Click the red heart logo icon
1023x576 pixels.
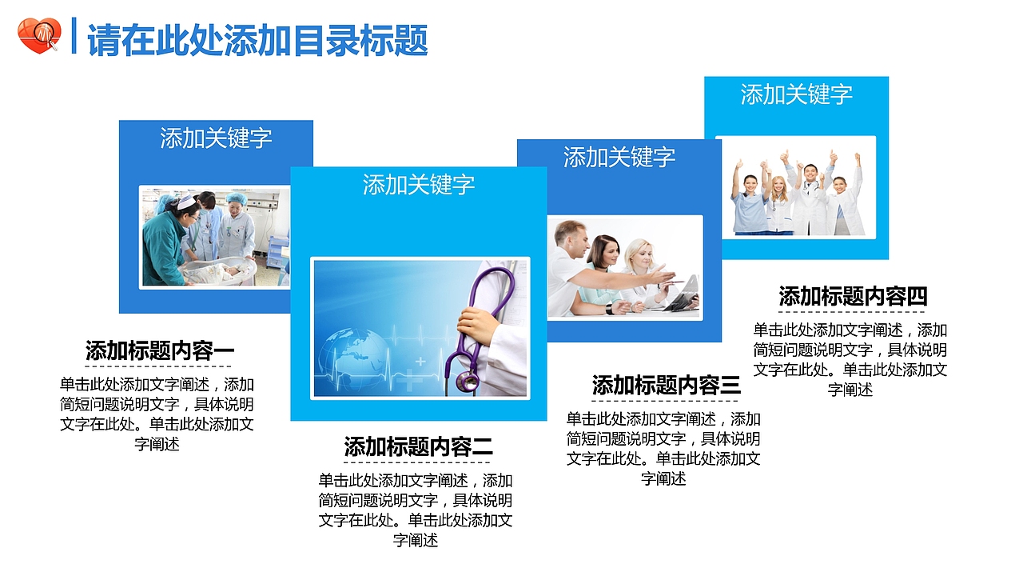pyautogui.click(x=38, y=36)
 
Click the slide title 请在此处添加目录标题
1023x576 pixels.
pyautogui.click(x=257, y=40)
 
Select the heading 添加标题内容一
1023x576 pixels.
pyautogui.click(x=159, y=350)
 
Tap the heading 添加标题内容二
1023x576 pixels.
pyautogui.click(x=418, y=446)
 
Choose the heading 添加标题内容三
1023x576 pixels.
pyautogui.click(x=666, y=385)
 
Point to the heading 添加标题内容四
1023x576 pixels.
pyautogui.click(x=853, y=296)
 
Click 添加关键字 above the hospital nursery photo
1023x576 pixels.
pyautogui.click(x=216, y=138)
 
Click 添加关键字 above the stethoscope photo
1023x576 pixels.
pyautogui.click(x=418, y=184)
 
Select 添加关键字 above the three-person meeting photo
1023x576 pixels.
pyautogui.click(x=619, y=157)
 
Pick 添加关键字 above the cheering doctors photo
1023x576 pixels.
pyautogui.click(x=796, y=94)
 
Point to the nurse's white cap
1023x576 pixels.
pyautogui.click(x=186, y=201)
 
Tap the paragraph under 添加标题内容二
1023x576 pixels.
pyautogui.click(x=416, y=510)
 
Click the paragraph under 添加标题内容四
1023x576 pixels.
pyautogui.click(x=850, y=359)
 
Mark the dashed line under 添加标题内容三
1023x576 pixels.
pyautogui.click(x=666, y=401)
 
